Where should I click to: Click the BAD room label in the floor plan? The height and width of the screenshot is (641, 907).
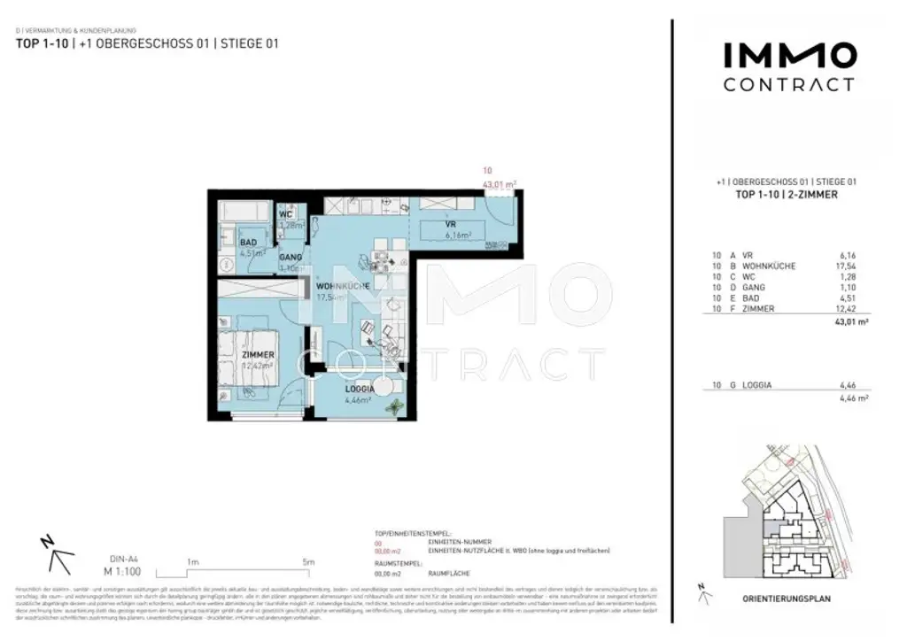tap(248, 242)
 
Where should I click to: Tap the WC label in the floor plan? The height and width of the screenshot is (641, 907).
tap(286, 214)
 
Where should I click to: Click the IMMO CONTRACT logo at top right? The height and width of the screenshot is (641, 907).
tap(789, 66)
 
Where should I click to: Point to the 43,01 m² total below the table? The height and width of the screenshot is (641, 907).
tap(850, 324)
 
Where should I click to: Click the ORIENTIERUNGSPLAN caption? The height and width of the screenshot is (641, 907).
tap(787, 599)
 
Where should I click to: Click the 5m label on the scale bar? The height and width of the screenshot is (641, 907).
tap(308, 561)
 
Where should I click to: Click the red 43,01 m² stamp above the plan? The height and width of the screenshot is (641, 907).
tap(499, 183)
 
